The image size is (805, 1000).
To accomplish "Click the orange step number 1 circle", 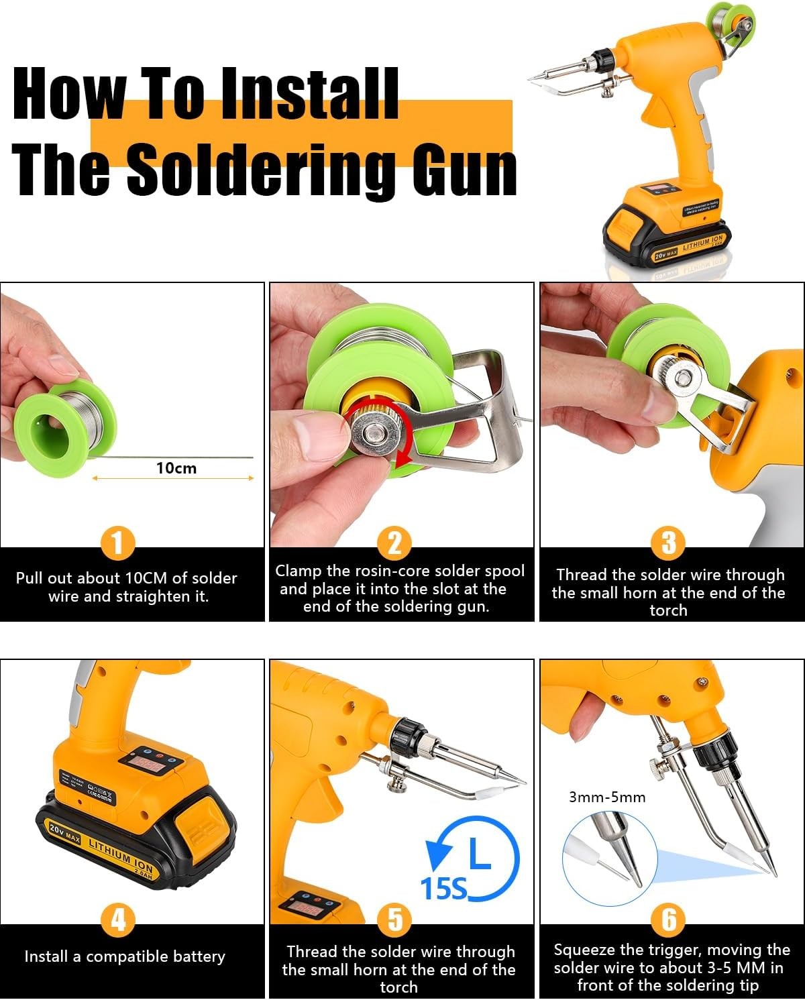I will (x=117, y=543).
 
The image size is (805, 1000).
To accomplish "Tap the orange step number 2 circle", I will (x=394, y=543).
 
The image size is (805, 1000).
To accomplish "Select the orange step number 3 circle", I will (x=669, y=543).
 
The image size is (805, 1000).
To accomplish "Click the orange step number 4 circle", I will (x=117, y=919).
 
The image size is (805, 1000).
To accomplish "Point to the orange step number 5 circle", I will (x=394, y=919).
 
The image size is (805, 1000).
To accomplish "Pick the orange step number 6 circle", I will (x=669, y=919).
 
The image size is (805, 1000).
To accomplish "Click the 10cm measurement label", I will (x=176, y=468).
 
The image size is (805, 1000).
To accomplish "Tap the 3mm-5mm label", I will (x=607, y=797).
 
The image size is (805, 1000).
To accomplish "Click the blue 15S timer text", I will (x=443, y=889).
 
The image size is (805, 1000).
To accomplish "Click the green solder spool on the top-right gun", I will (x=732, y=26).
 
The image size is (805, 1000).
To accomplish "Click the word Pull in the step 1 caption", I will (x=30, y=578).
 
